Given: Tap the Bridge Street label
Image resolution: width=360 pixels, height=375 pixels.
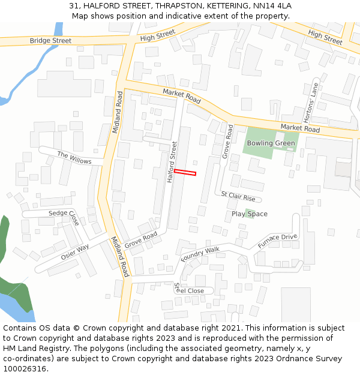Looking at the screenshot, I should pyautogui.click(x=50, y=41).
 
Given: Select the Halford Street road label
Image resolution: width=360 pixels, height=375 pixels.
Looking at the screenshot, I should pyautogui.click(x=173, y=162).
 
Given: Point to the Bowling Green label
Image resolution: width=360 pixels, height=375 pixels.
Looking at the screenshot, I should pyautogui.click(x=271, y=143).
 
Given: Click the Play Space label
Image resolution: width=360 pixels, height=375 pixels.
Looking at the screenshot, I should pyautogui.click(x=250, y=214).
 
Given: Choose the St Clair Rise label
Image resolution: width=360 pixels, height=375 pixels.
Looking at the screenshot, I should pyautogui.click(x=238, y=196).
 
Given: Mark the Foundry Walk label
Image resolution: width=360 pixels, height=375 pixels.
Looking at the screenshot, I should pyautogui.click(x=200, y=254).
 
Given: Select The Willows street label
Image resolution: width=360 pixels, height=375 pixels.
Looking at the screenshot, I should pyautogui.click(x=74, y=158).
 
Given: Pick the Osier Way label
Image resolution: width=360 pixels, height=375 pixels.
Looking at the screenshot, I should pyautogui.click(x=74, y=252).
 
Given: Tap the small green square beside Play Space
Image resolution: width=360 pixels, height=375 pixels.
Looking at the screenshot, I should pyautogui.click(x=248, y=211).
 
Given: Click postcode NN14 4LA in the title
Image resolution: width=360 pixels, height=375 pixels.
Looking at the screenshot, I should pyautogui.click(x=271, y=6).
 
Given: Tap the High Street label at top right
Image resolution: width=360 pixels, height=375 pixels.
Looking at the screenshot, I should pyautogui.click(x=325, y=37).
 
